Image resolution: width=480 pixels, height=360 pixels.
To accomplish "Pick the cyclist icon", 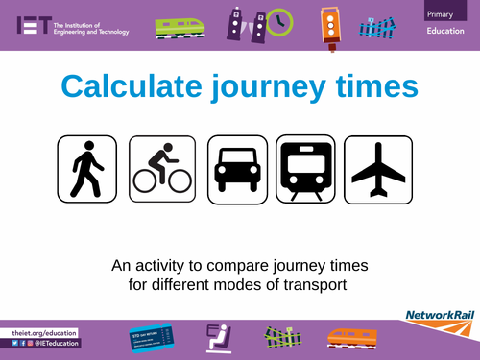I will point(162,169).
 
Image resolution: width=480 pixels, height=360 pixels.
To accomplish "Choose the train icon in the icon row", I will point(306,169).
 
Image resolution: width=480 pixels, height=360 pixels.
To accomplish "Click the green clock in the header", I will point(279,23).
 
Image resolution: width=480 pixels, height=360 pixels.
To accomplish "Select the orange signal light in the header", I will point(331,23).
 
